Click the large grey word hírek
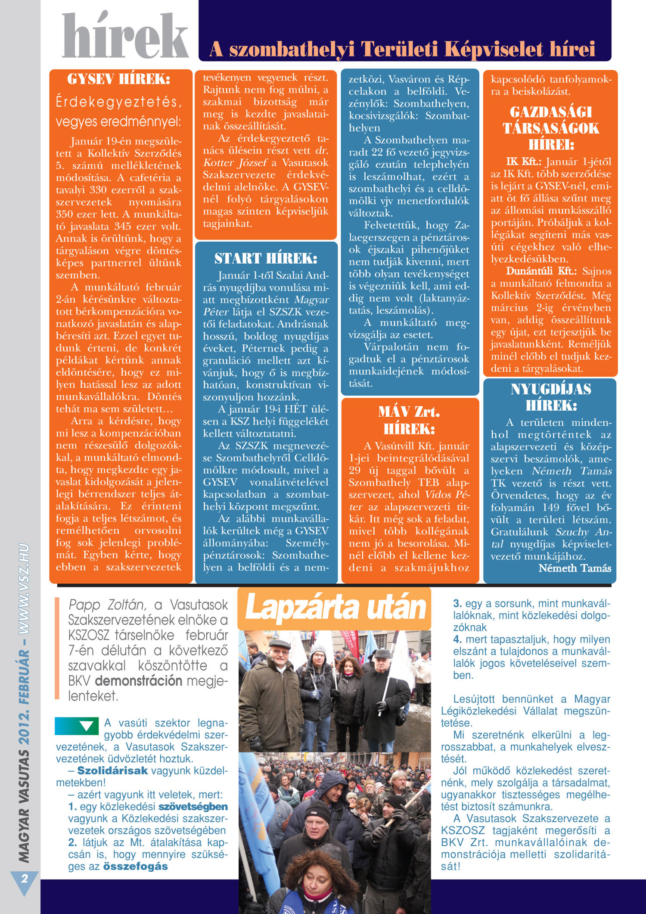pos(125,36)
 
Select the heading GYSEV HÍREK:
pos(118,79)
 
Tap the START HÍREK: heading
pos(266,258)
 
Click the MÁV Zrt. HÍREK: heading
pos(409,420)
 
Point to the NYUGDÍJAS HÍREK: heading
pos(551,397)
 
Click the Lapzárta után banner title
pos(335,608)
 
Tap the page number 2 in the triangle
pos(24,878)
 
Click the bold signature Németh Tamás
pos(575,568)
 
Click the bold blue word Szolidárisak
pos(112,771)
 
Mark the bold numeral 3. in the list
pos(457,604)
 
